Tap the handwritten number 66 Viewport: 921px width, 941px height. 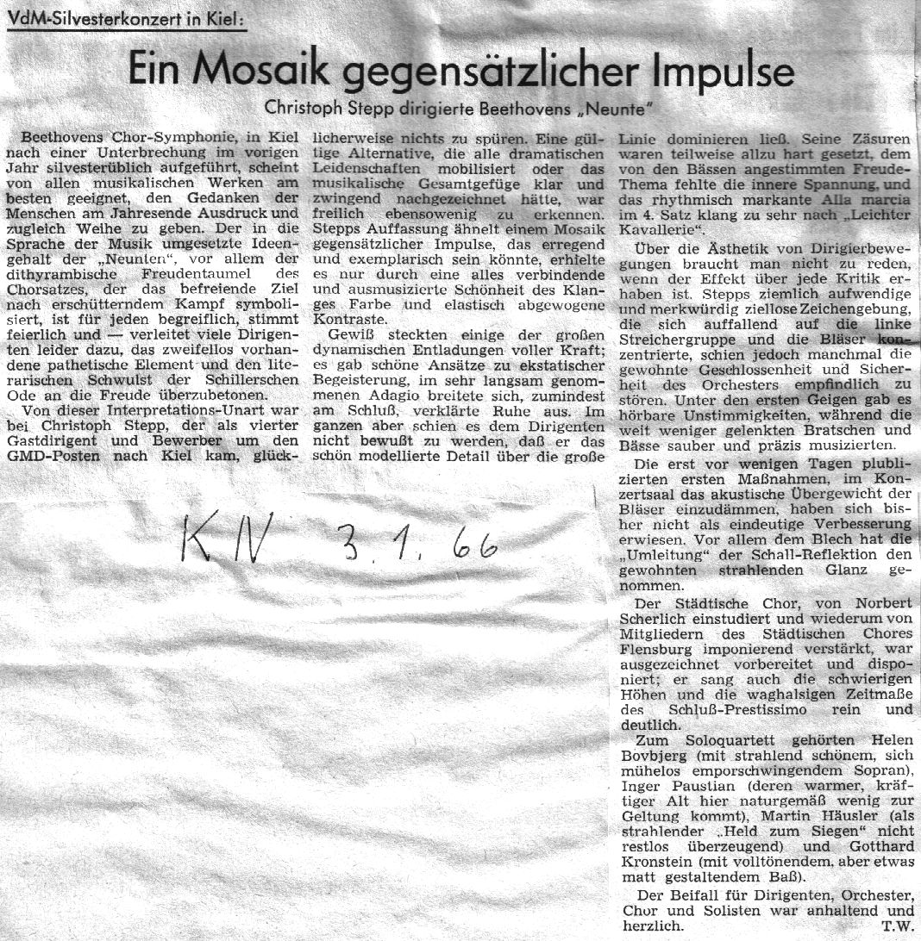474,545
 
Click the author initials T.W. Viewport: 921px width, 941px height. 897,926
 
